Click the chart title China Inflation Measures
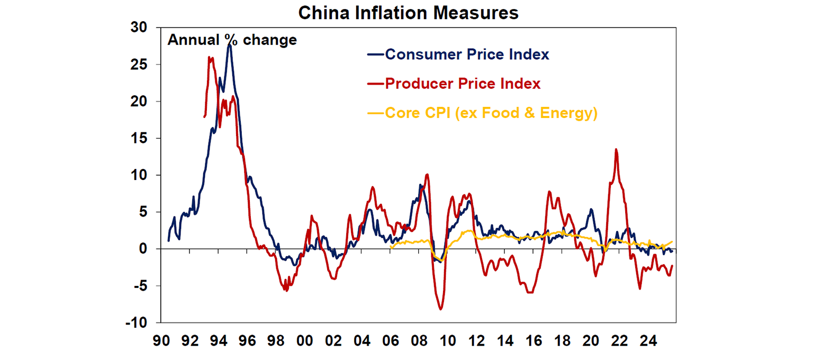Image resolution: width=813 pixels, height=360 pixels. click(408, 13)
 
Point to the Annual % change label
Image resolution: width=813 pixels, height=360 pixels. click(232, 40)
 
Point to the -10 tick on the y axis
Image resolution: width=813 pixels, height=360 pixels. click(137, 322)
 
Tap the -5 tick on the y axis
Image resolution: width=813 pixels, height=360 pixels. click(140, 286)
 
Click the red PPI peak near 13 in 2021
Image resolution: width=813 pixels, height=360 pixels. click(616, 149)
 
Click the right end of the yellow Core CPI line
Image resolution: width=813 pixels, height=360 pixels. click(672, 241)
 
